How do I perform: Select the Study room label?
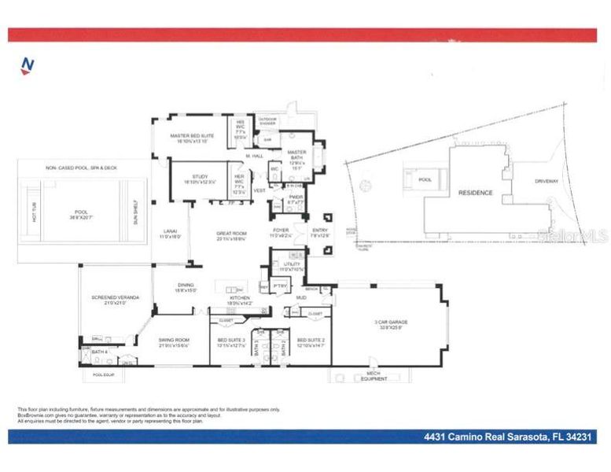pyautogui.click(x=193, y=179)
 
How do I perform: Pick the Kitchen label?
pyautogui.click(x=239, y=299)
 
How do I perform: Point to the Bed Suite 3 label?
pyautogui.click(x=232, y=341)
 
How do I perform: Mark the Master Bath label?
pyautogui.click(x=296, y=155)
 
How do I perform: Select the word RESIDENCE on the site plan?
pyautogui.click(x=476, y=193)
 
